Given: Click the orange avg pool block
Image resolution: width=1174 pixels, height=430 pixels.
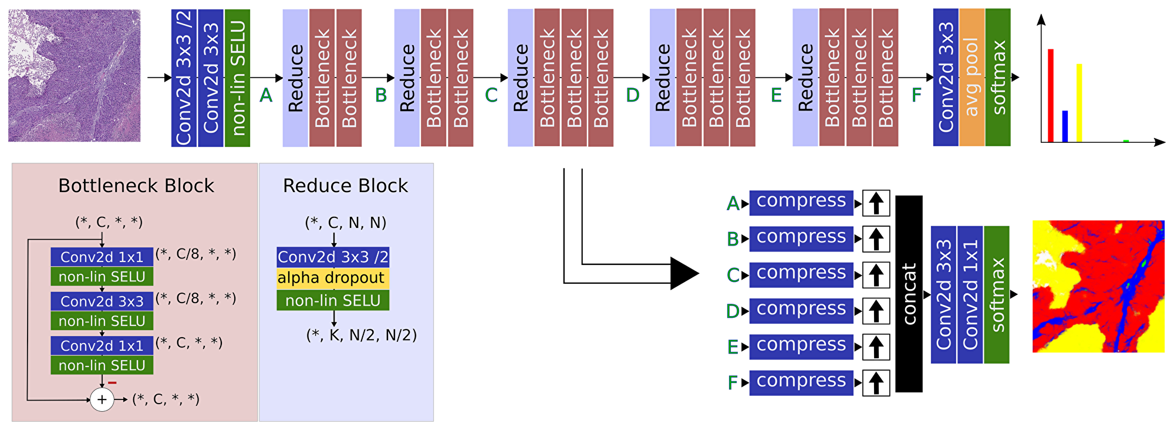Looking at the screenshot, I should click(x=971, y=77).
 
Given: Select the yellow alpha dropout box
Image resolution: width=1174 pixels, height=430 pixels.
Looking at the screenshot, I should click(x=332, y=278).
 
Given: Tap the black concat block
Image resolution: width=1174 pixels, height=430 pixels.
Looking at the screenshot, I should click(x=909, y=294).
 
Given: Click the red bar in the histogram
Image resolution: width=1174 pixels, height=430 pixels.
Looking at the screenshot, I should click(x=1051, y=95).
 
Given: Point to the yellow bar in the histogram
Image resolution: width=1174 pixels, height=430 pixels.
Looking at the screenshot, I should click(x=1079, y=103).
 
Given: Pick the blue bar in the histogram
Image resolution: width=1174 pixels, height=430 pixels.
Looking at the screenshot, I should click(x=1065, y=126).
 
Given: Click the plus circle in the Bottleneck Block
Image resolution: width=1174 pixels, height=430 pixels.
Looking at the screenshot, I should click(x=102, y=399).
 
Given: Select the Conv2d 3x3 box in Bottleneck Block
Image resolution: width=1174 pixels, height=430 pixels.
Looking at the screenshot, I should click(x=102, y=301).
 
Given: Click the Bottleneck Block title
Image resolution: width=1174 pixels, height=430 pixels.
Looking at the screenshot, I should click(x=136, y=186).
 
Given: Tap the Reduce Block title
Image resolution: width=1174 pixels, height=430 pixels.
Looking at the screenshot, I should click(x=345, y=186).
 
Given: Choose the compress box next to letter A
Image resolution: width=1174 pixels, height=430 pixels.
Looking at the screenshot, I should click(x=801, y=203).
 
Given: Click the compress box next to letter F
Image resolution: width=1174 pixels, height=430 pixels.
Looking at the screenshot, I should click(x=801, y=382).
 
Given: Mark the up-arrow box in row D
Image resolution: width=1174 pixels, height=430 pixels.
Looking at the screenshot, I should click(x=876, y=311).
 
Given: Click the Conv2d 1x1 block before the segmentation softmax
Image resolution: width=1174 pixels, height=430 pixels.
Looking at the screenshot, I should click(x=970, y=294).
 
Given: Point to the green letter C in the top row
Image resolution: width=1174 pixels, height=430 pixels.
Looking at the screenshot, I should click(x=491, y=95).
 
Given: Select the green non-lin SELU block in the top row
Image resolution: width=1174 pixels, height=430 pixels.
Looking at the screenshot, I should click(x=237, y=78).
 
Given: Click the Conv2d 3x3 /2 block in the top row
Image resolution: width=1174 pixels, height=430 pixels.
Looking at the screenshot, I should click(x=184, y=78).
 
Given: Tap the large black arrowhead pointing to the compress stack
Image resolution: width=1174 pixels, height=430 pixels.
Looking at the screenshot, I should click(x=683, y=273).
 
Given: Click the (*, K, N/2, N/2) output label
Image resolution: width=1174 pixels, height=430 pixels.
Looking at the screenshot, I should click(x=362, y=335).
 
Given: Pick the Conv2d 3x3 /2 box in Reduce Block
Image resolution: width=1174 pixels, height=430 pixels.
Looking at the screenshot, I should click(x=333, y=257).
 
